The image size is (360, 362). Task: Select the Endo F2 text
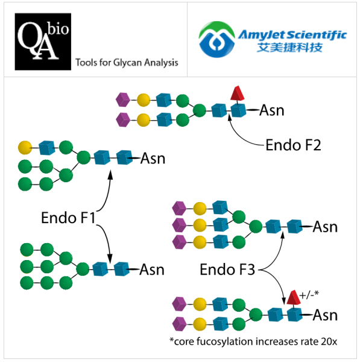[293, 145]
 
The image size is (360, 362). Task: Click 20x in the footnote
[329, 341]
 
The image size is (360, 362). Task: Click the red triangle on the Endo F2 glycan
[238, 93]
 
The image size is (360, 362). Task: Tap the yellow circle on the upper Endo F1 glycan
[25, 147]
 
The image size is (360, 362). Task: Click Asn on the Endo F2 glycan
[271, 110]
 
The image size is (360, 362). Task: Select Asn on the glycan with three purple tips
[325, 227]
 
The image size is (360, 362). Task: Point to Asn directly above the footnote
[325, 315]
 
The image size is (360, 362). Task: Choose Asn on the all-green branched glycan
[152, 269]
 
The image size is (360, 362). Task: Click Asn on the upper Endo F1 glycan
[153, 159]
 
